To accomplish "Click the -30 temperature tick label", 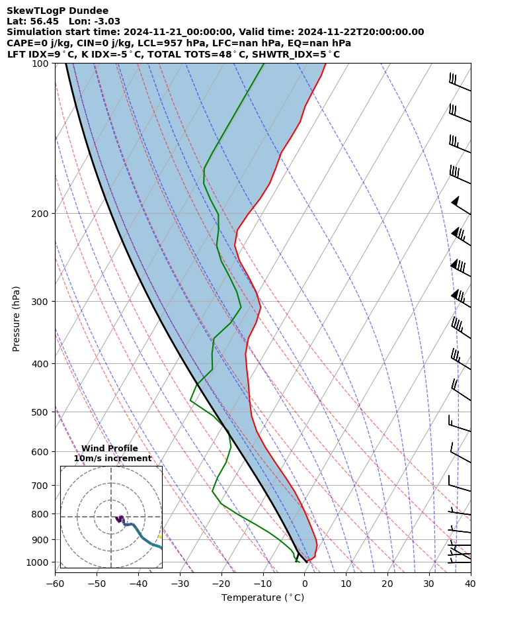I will click(x=180, y=584).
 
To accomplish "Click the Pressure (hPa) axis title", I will click(x=17, y=318).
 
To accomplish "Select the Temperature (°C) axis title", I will click(x=262, y=598).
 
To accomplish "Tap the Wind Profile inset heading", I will click(x=110, y=449).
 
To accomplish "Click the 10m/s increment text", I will click(x=112, y=459).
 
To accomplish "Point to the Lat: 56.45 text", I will click(x=32, y=21).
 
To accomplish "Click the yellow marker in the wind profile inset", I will click(x=159, y=537).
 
